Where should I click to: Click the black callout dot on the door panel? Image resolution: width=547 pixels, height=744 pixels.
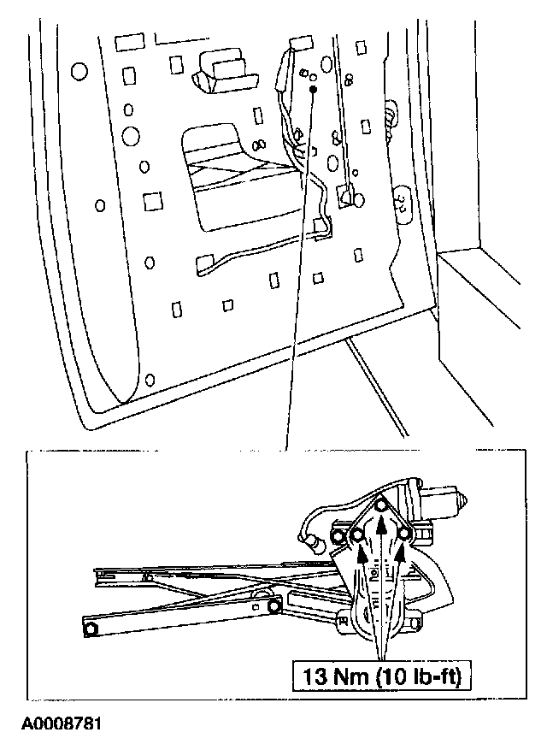(x=313, y=88)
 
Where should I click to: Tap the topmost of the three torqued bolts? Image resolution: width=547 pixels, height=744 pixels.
(x=383, y=506)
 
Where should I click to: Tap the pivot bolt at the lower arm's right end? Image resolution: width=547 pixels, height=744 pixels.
(x=273, y=606)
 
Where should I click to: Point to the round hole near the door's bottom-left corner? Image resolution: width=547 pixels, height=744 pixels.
(x=151, y=379)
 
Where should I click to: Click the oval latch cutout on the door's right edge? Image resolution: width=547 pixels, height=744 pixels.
(x=399, y=202)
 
